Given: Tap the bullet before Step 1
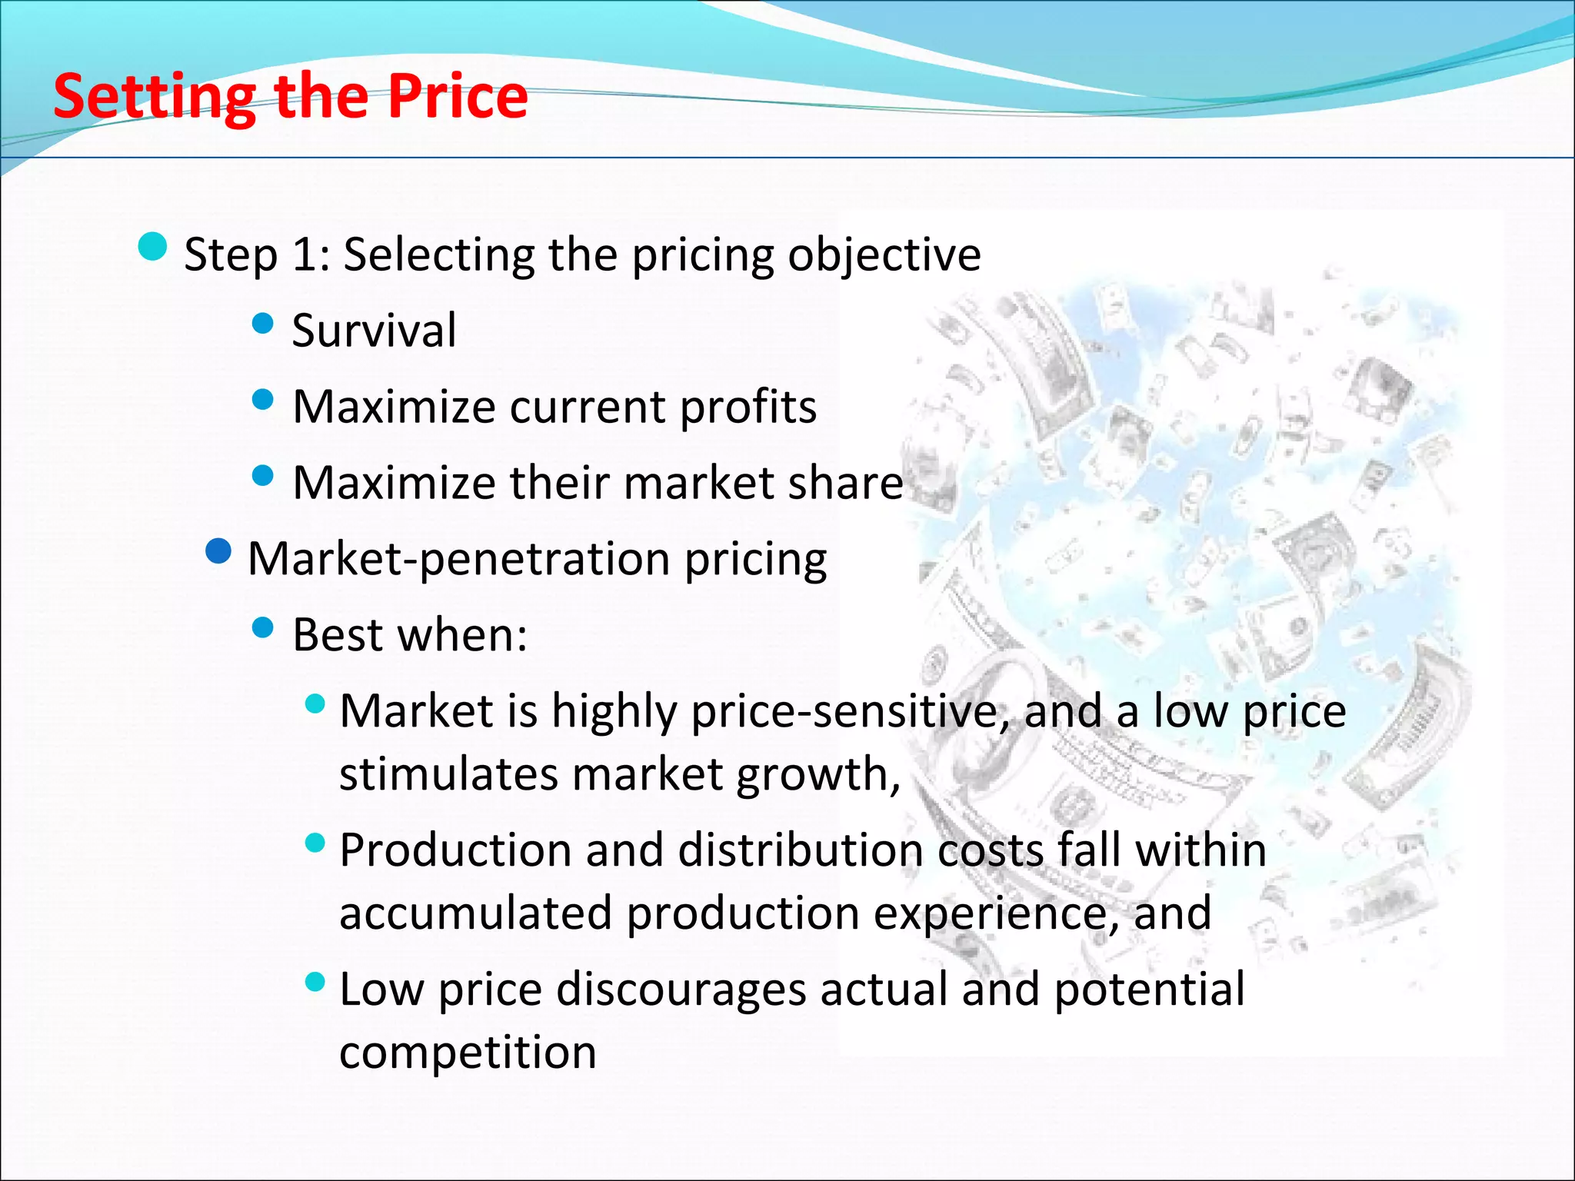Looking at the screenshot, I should click(153, 247).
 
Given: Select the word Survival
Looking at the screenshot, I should click(374, 331).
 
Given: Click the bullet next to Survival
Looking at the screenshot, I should click(263, 323).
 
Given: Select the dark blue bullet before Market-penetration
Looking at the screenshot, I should click(219, 551).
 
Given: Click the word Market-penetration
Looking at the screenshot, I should click(459, 559).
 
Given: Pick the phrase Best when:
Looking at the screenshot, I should click(410, 635).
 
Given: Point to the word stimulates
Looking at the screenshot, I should click(448, 773).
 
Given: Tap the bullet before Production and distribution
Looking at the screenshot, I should click(315, 843).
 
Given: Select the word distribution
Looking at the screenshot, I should click(800, 850).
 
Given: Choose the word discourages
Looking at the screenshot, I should click(681, 989).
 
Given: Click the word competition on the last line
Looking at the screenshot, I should click(468, 1052).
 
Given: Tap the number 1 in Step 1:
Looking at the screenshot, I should click(305, 254).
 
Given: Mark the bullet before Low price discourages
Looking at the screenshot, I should click(315, 982).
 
